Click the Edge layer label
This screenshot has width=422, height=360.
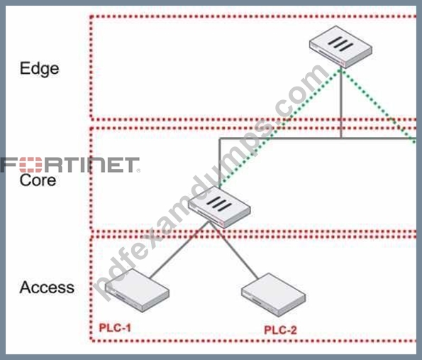[x=39, y=69]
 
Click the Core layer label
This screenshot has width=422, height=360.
[x=38, y=180]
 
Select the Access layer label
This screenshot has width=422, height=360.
[x=47, y=288]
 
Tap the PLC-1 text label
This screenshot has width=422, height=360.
[x=115, y=328]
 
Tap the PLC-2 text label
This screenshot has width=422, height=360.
[x=280, y=329]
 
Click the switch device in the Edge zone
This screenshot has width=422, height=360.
[x=340, y=47]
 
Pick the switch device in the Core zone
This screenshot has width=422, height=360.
[x=219, y=207]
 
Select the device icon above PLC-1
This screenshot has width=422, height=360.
[x=138, y=290]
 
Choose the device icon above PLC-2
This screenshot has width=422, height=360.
[x=274, y=295]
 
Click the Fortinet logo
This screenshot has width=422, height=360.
[x=70, y=165]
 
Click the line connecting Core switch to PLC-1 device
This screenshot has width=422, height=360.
[x=179, y=250]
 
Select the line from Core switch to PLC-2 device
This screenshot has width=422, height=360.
[x=233, y=250]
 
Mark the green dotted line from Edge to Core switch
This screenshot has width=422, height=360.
[x=280, y=128]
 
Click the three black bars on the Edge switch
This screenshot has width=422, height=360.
[x=340, y=43]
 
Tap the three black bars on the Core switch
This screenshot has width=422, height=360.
[x=219, y=204]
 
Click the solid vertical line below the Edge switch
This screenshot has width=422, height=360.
[x=341, y=103]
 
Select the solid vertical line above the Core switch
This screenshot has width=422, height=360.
[x=220, y=163]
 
